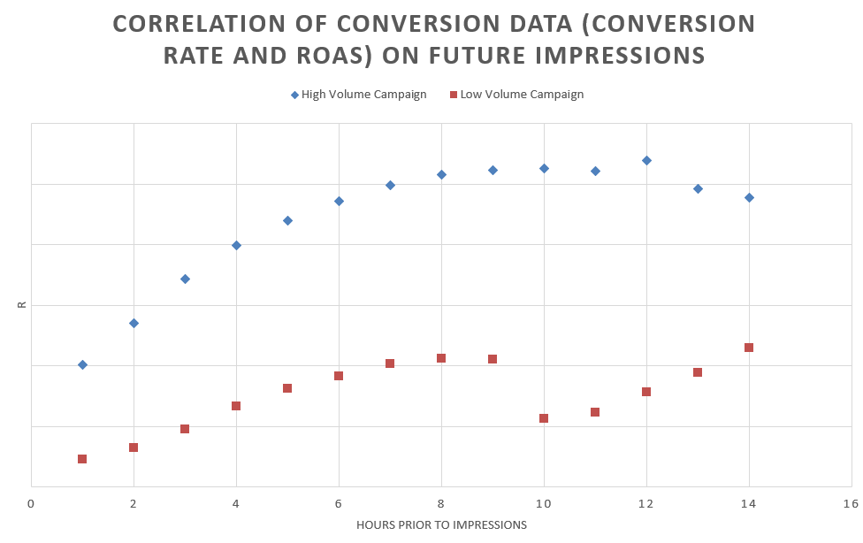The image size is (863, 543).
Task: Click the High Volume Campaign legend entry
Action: click(x=359, y=95)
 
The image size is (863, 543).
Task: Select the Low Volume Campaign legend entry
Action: click(x=516, y=95)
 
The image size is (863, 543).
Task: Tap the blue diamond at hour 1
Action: click(x=82, y=364)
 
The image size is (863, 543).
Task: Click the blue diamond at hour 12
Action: click(x=646, y=160)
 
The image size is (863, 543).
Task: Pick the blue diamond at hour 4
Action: click(x=236, y=245)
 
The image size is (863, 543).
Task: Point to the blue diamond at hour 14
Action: click(x=749, y=197)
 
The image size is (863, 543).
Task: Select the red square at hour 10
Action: click(x=544, y=418)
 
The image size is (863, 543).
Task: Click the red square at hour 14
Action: click(x=749, y=348)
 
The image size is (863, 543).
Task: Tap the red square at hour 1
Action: click(x=82, y=459)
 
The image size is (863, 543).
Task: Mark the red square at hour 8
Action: click(x=441, y=358)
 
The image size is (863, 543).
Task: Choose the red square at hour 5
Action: click(x=287, y=388)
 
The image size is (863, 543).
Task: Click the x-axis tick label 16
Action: click(x=851, y=503)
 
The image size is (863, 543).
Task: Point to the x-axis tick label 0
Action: click(x=31, y=503)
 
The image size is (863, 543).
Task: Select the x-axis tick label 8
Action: click(x=441, y=503)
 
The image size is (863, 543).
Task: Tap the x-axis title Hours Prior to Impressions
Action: click(x=441, y=524)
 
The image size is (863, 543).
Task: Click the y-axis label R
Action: click(x=22, y=304)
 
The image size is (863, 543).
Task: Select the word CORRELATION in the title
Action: click(x=200, y=24)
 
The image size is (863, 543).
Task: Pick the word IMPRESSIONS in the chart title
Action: click(x=621, y=56)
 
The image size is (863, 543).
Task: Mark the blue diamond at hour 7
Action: click(x=390, y=185)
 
